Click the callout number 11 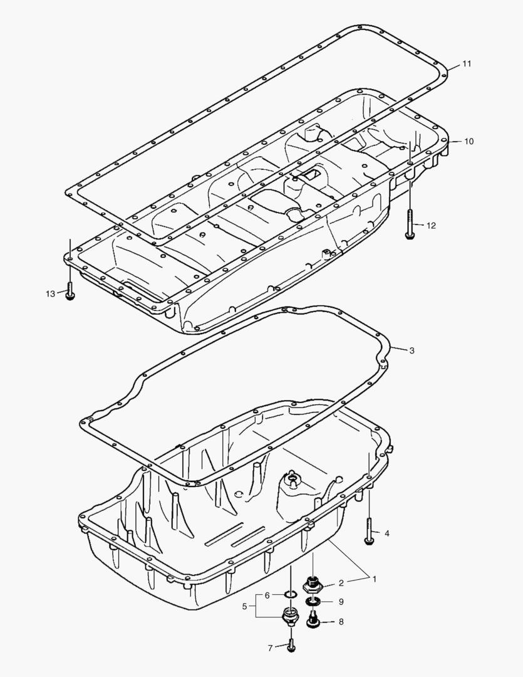coord(467,64)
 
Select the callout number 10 coord(469,142)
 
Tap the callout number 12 coord(432,225)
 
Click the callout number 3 coord(412,351)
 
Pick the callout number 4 coord(386,533)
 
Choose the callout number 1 coord(374,579)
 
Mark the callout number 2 coord(341,583)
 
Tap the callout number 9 coord(341,602)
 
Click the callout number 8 coord(341,622)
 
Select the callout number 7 coord(270,648)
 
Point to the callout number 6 coord(267,596)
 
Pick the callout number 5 coord(246,606)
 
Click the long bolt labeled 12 coord(410,223)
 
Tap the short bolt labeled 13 coord(70,292)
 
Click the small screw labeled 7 coord(291,645)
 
